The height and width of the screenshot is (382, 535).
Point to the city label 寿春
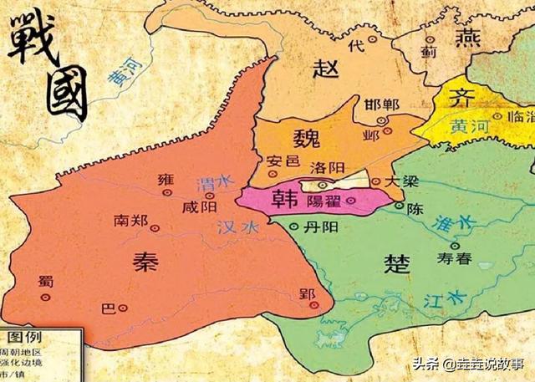(x=454, y=259)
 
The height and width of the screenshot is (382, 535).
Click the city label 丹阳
(x=320, y=226)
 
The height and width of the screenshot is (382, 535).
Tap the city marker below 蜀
(x=45, y=295)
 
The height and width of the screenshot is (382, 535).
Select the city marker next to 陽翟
(x=350, y=201)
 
